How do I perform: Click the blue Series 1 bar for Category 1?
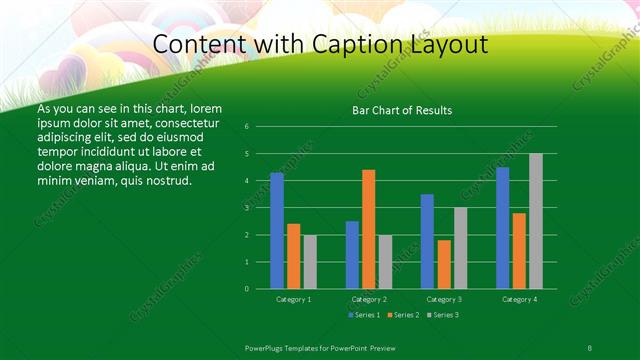(x=277, y=231)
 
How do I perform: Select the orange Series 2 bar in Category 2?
(x=369, y=229)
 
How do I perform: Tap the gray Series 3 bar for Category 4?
(x=536, y=221)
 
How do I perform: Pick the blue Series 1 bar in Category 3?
(x=427, y=241)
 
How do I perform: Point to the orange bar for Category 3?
(x=444, y=264)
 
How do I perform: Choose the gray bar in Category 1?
(x=310, y=262)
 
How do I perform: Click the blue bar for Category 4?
(x=503, y=228)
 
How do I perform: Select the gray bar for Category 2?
(x=385, y=262)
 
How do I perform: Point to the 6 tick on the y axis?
(x=246, y=127)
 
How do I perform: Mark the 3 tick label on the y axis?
(x=246, y=208)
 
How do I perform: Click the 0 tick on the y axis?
(x=246, y=289)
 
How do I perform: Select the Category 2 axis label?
(x=369, y=299)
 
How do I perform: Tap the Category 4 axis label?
(x=519, y=299)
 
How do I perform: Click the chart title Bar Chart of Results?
(x=403, y=110)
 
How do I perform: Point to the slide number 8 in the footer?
(x=589, y=347)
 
